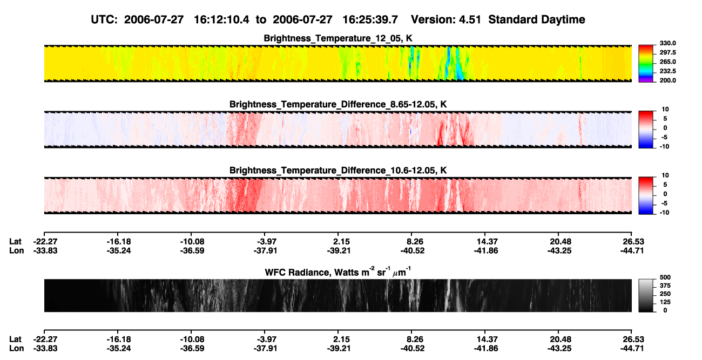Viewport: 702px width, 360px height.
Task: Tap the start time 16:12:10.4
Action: pyautogui.click(x=221, y=19)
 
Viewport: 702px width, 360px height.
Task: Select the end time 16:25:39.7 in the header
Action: pyautogui.click(x=370, y=19)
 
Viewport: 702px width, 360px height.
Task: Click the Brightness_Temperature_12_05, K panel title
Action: pyautogui.click(x=338, y=38)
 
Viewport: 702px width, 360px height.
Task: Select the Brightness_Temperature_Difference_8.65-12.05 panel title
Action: pyautogui.click(x=338, y=104)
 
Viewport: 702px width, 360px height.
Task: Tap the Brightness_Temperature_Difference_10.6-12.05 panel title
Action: pyautogui.click(x=338, y=171)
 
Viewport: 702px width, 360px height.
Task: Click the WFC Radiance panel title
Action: pyautogui.click(x=338, y=271)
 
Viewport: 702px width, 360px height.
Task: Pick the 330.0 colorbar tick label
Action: pyautogui.click(x=667, y=43)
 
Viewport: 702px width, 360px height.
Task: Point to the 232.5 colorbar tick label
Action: pyautogui.click(x=667, y=71)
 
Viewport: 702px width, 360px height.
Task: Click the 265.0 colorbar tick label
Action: pyautogui.click(x=667, y=62)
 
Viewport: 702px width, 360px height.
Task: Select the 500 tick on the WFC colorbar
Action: pyautogui.click(x=665, y=277)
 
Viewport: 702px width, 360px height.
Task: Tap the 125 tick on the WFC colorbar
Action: pyautogui.click(x=665, y=302)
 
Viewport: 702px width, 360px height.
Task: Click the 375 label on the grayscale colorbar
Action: pyautogui.click(x=665, y=286)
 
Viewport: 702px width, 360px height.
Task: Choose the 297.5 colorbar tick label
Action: pyautogui.click(x=667, y=52)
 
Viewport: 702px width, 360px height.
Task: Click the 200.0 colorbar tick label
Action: pyautogui.click(x=667, y=80)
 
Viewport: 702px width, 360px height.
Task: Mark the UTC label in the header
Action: pyautogui.click(x=104, y=19)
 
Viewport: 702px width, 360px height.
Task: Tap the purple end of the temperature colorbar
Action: pyautogui.click(x=646, y=80)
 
